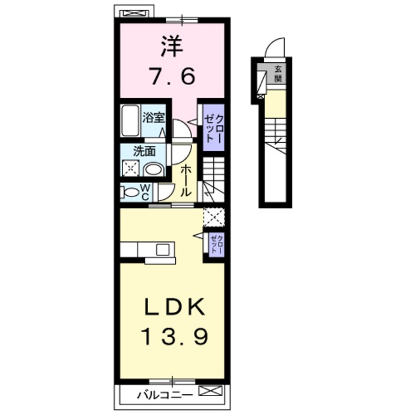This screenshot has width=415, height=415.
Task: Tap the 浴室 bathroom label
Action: pyautogui.click(x=154, y=117)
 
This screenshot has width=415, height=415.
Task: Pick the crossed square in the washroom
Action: pyautogui.click(x=131, y=169)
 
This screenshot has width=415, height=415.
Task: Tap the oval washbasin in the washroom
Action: pyautogui.click(x=154, y=169)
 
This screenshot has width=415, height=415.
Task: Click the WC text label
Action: pyautogui.click(x=146, y=191)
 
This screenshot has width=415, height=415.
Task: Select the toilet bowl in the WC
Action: pyautogui.click(x=129, y=192)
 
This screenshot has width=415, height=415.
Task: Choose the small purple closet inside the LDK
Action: pyautogui.click(x=215, y=244)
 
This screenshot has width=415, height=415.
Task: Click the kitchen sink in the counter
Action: pyautogui.click(x=162, y=249)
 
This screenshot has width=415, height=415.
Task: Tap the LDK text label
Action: pyautogui.click(x=171, y=306)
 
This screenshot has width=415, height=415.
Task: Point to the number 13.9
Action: pyautogui.click(x=171, y=337)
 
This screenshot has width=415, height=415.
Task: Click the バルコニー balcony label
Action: pyautogui.click(x=163, y=393)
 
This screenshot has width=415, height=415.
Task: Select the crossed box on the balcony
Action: pyautogui.click(x=210, y=391)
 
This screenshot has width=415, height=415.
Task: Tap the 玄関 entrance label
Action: pyautogui.click(x=278, y=73)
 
